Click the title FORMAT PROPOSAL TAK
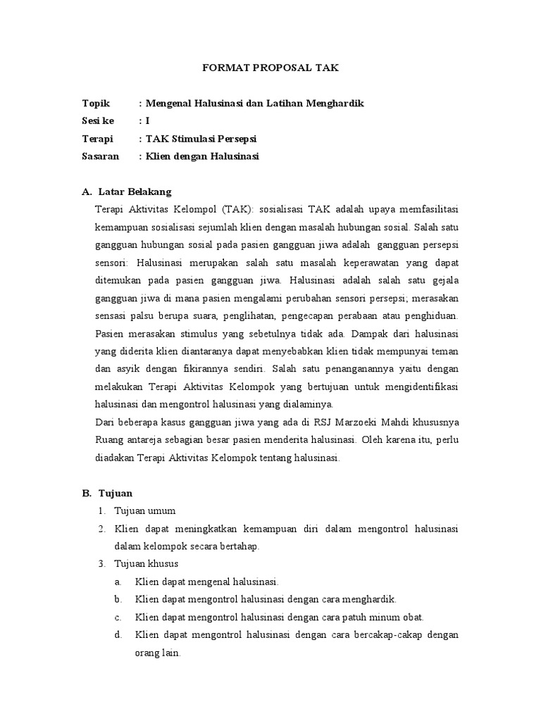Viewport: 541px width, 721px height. point(270,69)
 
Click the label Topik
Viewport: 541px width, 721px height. point(97,104)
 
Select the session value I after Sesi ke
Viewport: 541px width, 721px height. point(148,121)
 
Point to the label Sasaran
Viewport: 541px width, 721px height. point(101,156)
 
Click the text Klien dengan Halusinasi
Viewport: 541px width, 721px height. point(202,156)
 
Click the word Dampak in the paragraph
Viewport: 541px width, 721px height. point(363,332)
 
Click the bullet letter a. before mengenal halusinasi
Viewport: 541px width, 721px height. point(116,582)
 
